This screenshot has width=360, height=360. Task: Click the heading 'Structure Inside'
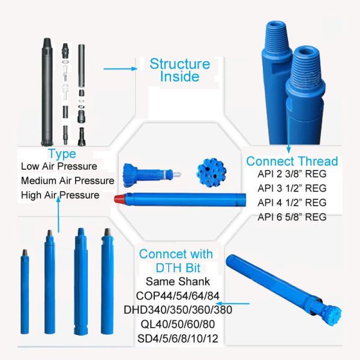180,70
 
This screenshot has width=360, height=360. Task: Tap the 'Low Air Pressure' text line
59,166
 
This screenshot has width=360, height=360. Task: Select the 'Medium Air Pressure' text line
67,181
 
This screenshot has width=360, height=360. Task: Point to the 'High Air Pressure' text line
60,195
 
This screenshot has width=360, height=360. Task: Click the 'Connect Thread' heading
292,161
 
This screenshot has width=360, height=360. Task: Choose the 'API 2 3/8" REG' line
292,174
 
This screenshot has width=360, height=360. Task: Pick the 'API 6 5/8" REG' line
292,217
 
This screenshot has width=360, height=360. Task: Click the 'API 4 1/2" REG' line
292,203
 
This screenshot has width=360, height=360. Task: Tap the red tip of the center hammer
120,199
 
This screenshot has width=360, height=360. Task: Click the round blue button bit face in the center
211,172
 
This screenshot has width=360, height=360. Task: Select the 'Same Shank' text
178,281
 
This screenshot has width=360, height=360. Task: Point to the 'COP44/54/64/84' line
178,296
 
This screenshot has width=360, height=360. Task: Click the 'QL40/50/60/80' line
178,324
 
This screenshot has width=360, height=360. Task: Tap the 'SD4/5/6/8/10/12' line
178,338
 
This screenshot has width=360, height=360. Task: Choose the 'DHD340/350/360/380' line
178,310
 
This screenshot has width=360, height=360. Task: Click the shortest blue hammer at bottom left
25,292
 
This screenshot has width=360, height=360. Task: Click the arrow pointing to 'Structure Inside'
121,68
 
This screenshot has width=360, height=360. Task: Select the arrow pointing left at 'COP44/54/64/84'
233,304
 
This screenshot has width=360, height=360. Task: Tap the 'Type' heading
62,154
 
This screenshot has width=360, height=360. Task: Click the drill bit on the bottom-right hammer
331,314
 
